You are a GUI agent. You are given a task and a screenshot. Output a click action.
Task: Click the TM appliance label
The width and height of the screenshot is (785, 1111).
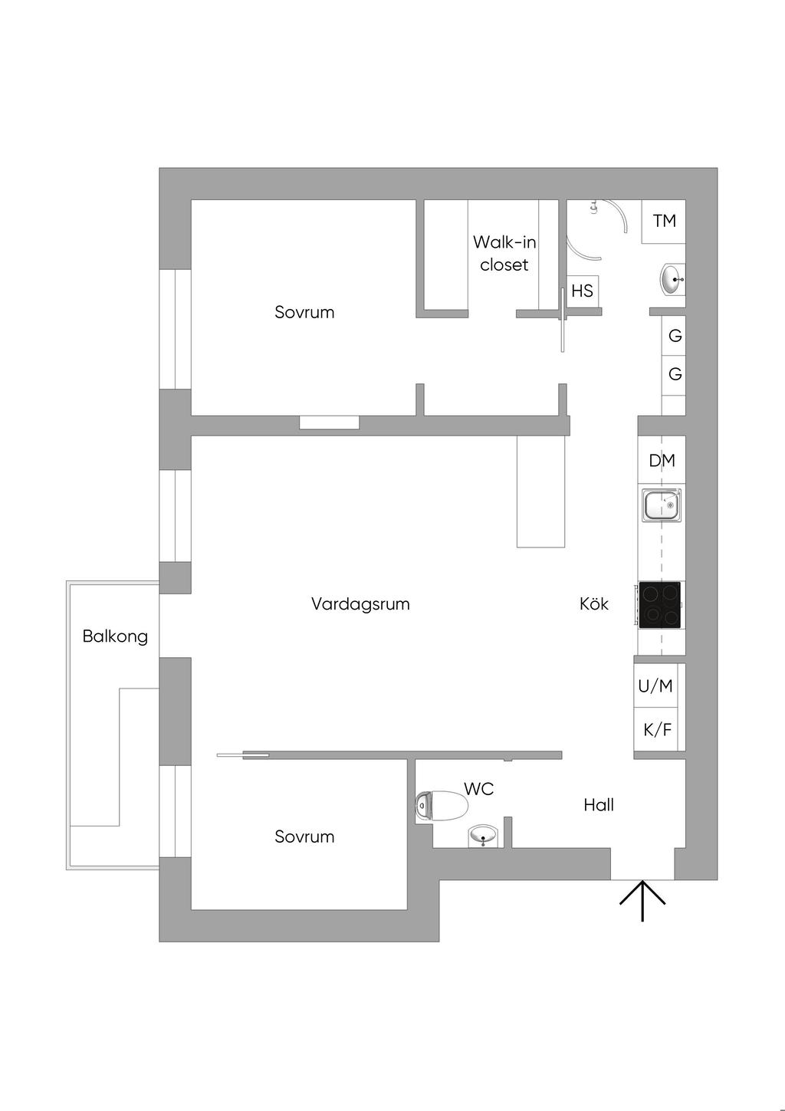pos(664,221)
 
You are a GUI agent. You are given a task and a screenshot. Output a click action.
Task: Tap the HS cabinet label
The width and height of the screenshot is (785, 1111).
pos(582,291)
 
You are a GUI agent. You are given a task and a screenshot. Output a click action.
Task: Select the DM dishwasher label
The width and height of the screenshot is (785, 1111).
pos(662,460)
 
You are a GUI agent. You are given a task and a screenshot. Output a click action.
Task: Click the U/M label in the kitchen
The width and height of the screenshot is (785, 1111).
pos(655,686)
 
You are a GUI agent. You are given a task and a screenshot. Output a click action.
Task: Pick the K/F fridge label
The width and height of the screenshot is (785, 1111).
pos(656,729)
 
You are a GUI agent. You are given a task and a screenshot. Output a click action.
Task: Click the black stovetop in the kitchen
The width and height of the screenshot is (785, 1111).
pos(660,605)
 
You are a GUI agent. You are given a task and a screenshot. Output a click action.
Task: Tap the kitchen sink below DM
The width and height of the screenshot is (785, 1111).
pos(662,505)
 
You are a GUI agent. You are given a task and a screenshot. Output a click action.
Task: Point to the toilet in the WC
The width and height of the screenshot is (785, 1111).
pos(442,806)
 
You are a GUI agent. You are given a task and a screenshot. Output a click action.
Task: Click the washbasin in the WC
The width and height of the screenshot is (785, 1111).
pos(483,835)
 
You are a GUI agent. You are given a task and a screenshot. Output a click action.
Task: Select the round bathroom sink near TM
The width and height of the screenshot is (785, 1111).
pos(672,279)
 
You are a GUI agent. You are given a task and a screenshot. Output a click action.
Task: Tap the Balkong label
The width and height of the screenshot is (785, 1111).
pos(115,636)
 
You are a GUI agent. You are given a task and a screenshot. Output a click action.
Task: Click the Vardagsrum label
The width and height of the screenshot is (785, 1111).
pos(360,604)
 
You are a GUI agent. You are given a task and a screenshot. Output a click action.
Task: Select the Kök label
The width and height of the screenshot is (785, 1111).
pos(594,604)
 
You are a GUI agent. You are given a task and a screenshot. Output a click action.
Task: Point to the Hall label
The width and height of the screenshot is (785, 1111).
pos(599,805)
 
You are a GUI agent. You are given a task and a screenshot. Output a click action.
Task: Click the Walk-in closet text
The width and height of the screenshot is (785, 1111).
pos(504,253)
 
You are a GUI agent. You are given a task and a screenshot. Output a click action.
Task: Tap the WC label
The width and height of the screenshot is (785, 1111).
pos(478,789)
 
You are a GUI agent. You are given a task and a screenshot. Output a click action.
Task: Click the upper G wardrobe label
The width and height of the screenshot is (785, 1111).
pos(675,336)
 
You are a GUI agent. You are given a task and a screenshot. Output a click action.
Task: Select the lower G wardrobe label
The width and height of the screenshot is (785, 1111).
pos(675,374)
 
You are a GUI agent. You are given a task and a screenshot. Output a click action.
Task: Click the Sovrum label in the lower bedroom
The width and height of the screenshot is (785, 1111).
pos(304,837)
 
